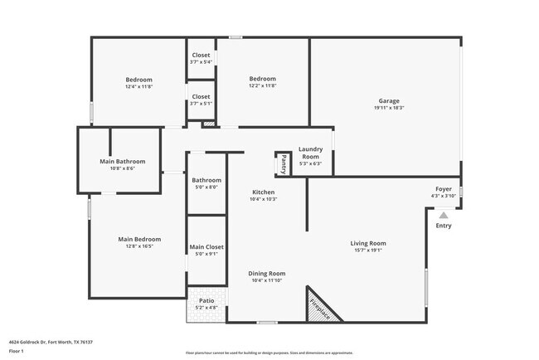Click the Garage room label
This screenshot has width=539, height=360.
coord(388,100)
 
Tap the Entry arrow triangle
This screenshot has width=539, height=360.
coord(444,215)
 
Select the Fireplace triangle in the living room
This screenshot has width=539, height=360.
coord(319,306)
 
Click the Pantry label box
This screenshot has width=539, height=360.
coord(283,163)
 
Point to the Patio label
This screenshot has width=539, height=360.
coord(206,302)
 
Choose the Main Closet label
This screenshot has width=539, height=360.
coord(206,246)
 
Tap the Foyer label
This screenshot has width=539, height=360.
coord(444,189)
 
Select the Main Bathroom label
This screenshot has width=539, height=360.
coord(122,161)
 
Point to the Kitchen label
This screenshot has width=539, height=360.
coord(264,192)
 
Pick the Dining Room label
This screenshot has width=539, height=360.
coord(267,273)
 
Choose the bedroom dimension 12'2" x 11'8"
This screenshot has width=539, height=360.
coord(263,85)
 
